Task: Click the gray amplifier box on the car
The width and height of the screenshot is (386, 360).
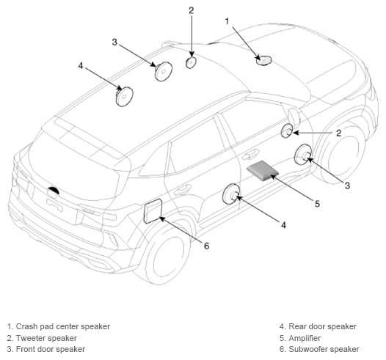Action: pyautogui.click(x=263, y=171)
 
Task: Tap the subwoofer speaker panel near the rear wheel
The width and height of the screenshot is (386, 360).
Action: pyautogui.click(x=153, y=210)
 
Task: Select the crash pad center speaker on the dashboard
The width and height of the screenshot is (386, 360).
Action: pyautogui.click(x=263, y=60)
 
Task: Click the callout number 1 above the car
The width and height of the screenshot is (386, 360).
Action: pyautogui.click(x=227, y=21)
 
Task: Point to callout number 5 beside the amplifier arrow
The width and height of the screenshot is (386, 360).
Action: pyautogui.click(x=317, y=204)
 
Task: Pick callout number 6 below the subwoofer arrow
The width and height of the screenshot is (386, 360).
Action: pyautogui.click(x=206, y=246)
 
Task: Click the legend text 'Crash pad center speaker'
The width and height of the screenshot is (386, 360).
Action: pyautogui.click(x=63, y=326)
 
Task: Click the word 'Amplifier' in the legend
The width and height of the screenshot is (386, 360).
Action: pyautogui.click(x=305, y=338)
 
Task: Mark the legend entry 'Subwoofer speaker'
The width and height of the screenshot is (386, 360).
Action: pyautogui.click(x=324, y=349)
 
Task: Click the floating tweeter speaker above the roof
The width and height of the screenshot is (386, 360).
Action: pyautogui.click(x=191, y=62)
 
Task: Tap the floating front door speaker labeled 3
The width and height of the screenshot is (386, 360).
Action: pyautogui.click(x=163, y=71)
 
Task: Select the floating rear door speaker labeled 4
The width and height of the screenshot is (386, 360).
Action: pyautogui.click(x=124, y=96)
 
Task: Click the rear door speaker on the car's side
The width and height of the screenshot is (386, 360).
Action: pyautogui.click(x=231, y=194)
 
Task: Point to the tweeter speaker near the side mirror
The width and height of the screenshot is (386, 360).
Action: pyautogui.click(x=287, y=131)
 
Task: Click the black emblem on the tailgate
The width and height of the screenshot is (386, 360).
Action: pyautogui.click(x=54, y=191)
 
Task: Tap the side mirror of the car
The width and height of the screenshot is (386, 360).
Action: pyautogui.click(x=294, y=117)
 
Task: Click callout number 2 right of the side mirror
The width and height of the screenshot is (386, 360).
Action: pyautogui.click(x=339, y=133)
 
